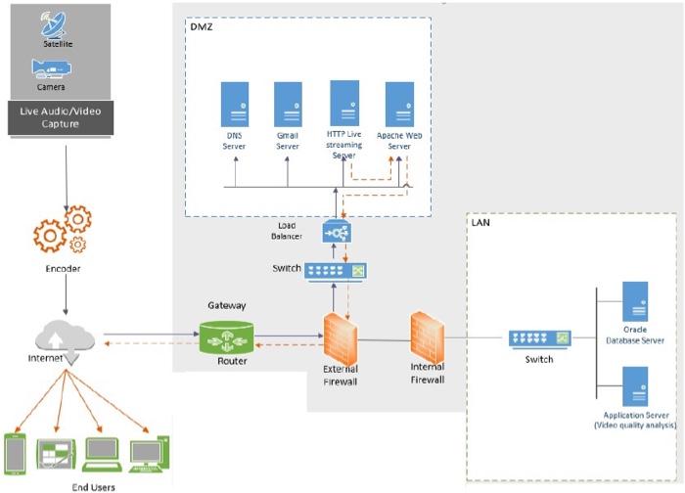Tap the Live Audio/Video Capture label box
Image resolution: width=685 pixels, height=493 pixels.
[x=60, y=117]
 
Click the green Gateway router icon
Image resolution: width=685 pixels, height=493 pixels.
[x=226, y=339]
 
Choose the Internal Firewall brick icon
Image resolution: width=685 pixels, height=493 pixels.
[x=427, y=333]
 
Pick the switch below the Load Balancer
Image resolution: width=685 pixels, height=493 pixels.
[x=336, y=270]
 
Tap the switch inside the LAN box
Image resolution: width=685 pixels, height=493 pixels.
[x=538, y=339]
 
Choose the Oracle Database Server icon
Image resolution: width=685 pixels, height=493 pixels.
[x=635, y=301]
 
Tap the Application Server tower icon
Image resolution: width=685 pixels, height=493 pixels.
[x=635, y=385]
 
